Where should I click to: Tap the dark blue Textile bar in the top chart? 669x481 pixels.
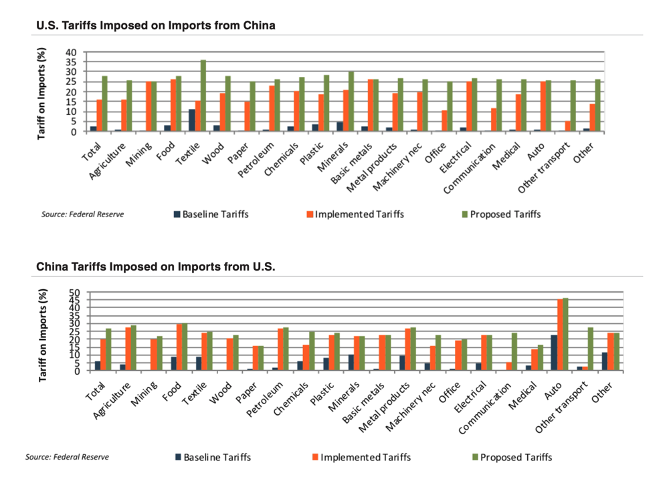coord(192,120)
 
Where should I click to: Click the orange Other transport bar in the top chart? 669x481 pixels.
coord(567,126)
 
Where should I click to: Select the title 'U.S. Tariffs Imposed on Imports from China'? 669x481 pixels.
coord(155,25)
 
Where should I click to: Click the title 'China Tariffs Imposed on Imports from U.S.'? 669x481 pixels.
coord(155,267)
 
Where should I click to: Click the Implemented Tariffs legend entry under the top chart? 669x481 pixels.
coord(355,214)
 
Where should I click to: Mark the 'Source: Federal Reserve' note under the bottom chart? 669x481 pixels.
coord(67,457)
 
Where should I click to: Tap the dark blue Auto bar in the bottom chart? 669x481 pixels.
coord(553,353)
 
